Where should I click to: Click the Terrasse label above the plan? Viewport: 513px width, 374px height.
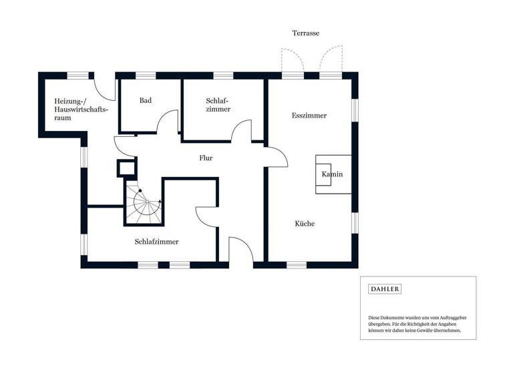(x=306, y=33)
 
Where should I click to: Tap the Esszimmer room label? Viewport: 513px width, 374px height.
(x=309, y=116)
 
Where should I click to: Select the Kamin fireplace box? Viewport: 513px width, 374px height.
(x=333, y=174)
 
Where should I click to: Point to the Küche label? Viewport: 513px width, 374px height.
(x=305, y=224)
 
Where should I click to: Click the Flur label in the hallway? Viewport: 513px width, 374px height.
(x=206, y=159)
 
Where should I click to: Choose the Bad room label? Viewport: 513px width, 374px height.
(x=146, y=101)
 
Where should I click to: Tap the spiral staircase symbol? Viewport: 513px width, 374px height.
(x=144, y=202)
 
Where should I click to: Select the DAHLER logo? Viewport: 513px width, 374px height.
(x=385, y=289)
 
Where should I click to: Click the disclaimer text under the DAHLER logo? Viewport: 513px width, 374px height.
(x=414, y=324)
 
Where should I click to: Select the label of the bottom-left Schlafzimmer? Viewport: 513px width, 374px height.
(x=156, y=242)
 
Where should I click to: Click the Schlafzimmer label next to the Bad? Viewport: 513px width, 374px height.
(x=218, y=104)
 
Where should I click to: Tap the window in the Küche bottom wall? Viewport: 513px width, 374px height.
(x=297, y=265)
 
